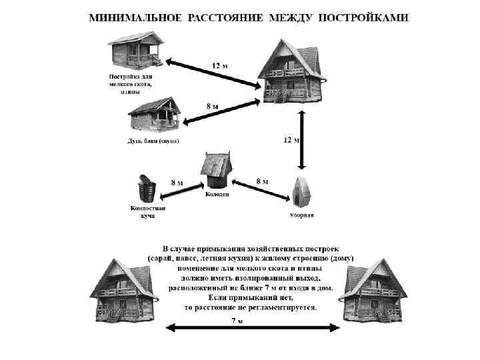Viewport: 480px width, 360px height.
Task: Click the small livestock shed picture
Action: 136,50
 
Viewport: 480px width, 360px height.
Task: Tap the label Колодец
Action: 216,194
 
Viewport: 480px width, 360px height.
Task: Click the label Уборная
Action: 301,215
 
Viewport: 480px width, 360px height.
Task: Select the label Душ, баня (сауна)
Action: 153,141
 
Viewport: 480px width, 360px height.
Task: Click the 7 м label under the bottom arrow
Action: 237,321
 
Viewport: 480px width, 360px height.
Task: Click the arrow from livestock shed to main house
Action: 213,74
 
